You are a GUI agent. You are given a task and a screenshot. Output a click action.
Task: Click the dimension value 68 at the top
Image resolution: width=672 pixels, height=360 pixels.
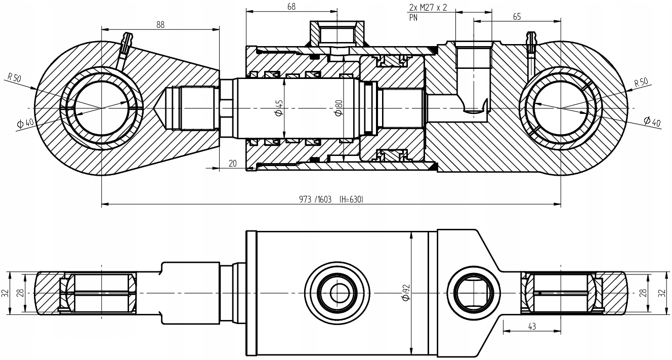291,7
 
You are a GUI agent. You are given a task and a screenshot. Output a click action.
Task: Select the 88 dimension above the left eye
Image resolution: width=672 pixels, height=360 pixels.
160,24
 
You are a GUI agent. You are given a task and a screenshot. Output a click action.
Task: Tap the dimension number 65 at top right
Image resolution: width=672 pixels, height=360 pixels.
517,17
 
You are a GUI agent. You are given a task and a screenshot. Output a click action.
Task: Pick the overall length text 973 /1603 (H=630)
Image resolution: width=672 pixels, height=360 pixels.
331,199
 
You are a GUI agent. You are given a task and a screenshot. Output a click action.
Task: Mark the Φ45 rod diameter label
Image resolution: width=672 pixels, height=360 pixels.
279,108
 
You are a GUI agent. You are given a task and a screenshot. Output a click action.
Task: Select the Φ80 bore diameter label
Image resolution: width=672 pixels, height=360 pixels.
339,107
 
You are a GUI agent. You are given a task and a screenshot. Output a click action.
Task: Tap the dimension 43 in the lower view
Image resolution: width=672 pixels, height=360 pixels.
532,327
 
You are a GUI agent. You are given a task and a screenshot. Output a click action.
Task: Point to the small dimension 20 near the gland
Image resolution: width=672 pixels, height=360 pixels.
233,163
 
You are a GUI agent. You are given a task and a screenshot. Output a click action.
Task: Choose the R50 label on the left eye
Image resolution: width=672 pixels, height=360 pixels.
14,77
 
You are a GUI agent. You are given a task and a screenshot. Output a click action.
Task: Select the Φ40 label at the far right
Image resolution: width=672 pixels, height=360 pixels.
652,121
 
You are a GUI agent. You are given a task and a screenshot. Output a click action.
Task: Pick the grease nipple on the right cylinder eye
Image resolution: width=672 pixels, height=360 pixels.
531,41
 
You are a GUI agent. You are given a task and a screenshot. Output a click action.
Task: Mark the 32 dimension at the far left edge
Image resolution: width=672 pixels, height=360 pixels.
6,293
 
